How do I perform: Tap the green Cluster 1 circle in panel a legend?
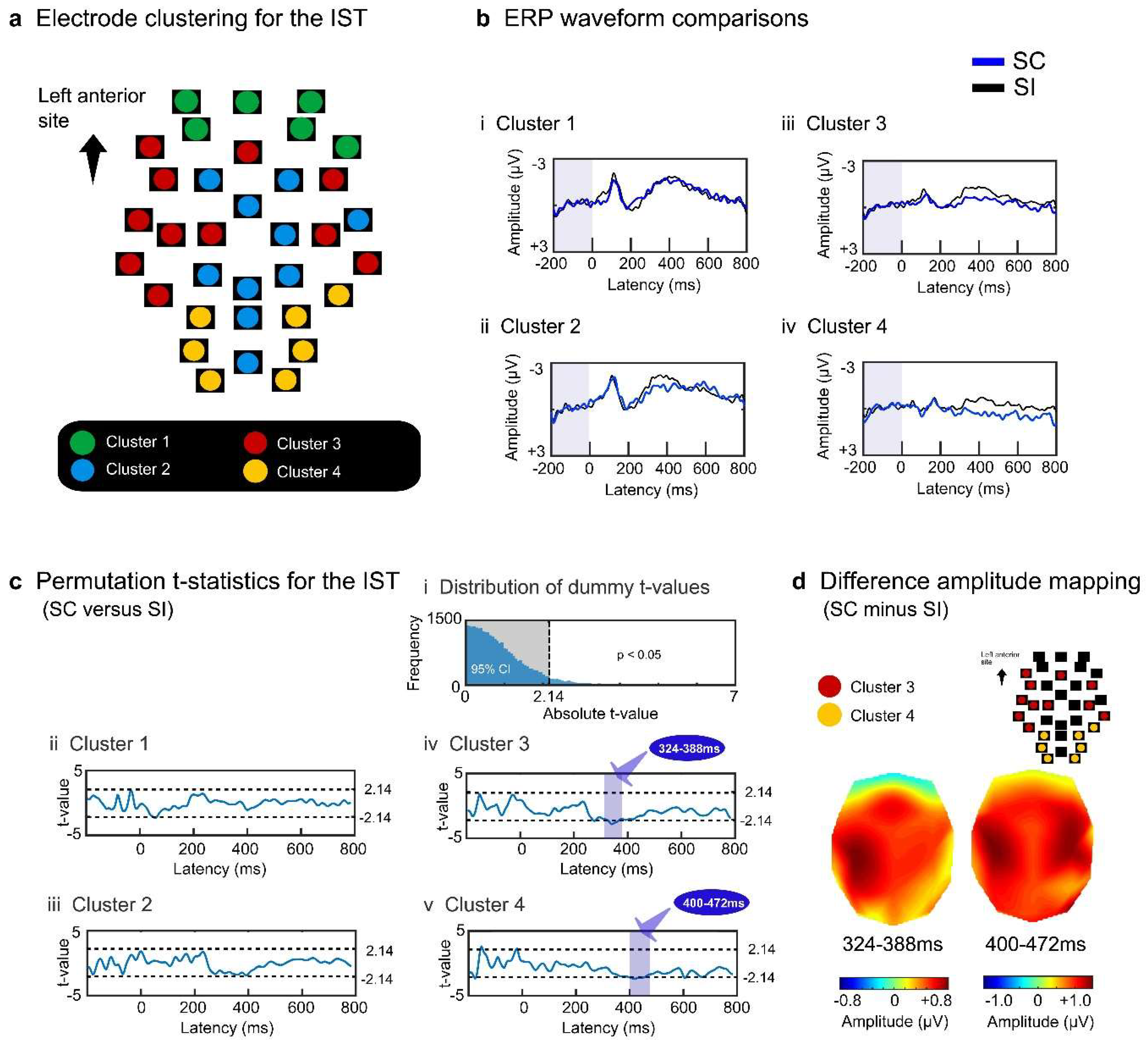pos(83,442)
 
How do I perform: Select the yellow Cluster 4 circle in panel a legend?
pos(255,471)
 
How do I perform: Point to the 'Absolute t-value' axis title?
pos(600,714)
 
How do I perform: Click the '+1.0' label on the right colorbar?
pos(1075,1000)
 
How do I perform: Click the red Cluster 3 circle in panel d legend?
pos(829,687)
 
